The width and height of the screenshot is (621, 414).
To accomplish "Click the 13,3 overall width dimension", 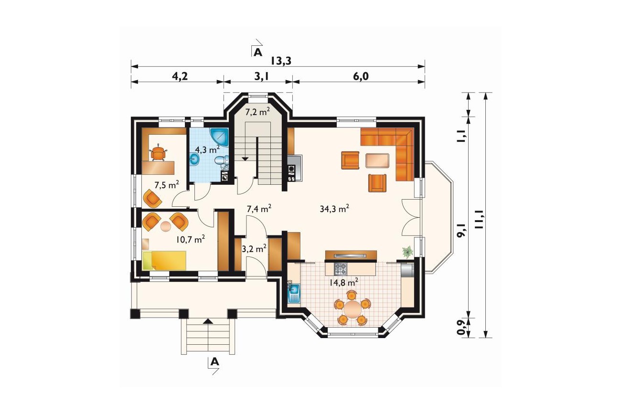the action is pyautogui.click(x=281, y=61).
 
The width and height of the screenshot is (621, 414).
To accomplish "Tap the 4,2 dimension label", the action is pyautogui.click(x=180, y=76).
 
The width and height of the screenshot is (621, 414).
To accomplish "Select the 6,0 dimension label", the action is pyautogui.click(x=361, y=76).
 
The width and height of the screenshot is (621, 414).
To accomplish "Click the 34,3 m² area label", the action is pyautogui.click(x=334, y=208).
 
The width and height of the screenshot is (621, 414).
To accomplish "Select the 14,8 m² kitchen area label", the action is pyautogui.click(x=343, y=282).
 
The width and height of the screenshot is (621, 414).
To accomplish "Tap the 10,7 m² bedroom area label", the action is pyautogui.click(x=191, y=239).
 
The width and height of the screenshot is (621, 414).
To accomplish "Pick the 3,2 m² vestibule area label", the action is pyautogui.click(x=254, y=249).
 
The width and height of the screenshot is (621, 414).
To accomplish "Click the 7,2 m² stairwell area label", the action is pyautogui.click(x=258, y=112).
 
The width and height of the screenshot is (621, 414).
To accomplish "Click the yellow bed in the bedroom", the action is pyautogui.click(x=164, y=260).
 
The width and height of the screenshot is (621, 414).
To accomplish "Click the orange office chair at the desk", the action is pyautogui.click(x=158, y=153).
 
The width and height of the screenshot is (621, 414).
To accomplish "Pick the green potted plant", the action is pyautogui.click(x=408, y=252).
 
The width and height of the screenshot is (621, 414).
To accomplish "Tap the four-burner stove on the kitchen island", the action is pyautogui.click(x=341, y=268).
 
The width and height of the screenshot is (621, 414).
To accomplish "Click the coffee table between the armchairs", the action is pyautogui.click(x=377, y=160).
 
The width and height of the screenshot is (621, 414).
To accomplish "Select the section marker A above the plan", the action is pyautogui.click(x=258, y=52).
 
